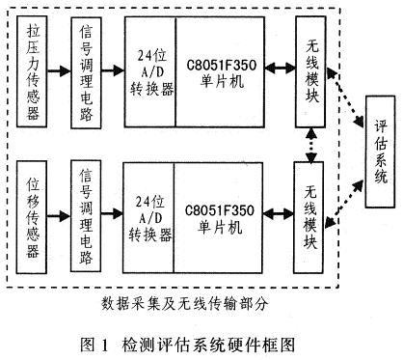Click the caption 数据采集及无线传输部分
click(x=183, y=303)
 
